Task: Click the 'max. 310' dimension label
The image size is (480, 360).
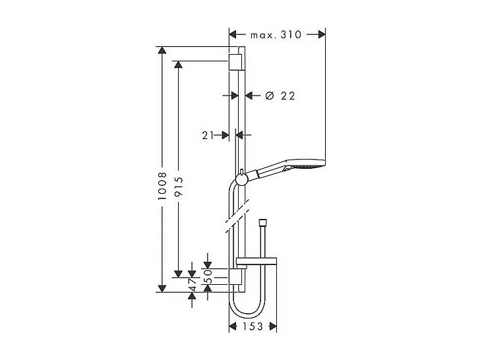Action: click(276, 34)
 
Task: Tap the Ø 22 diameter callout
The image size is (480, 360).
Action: click(280, 96)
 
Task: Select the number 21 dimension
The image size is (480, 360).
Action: click(208, 135)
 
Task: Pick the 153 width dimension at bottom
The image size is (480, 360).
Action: click(253, 326)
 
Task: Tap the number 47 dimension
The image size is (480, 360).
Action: click(192, 283)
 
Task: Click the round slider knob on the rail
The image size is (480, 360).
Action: click(242, 178)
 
